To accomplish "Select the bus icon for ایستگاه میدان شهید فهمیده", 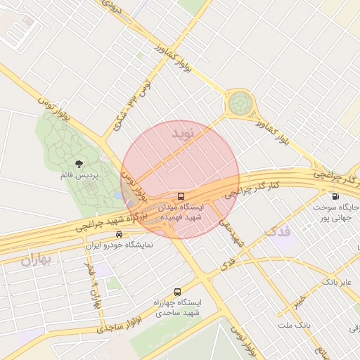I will [182, 196].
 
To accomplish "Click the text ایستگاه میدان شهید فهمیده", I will [182, 213].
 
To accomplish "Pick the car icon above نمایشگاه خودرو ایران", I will [119, 234].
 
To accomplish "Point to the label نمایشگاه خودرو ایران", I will [119, 245].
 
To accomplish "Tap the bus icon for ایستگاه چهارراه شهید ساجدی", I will [176, 290].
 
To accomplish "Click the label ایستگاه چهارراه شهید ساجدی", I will [177, 307].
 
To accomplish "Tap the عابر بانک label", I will [336, 282].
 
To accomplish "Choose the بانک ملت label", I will [293, 326].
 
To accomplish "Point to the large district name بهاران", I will [37, 259].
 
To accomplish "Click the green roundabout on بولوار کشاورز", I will [239, 105].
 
